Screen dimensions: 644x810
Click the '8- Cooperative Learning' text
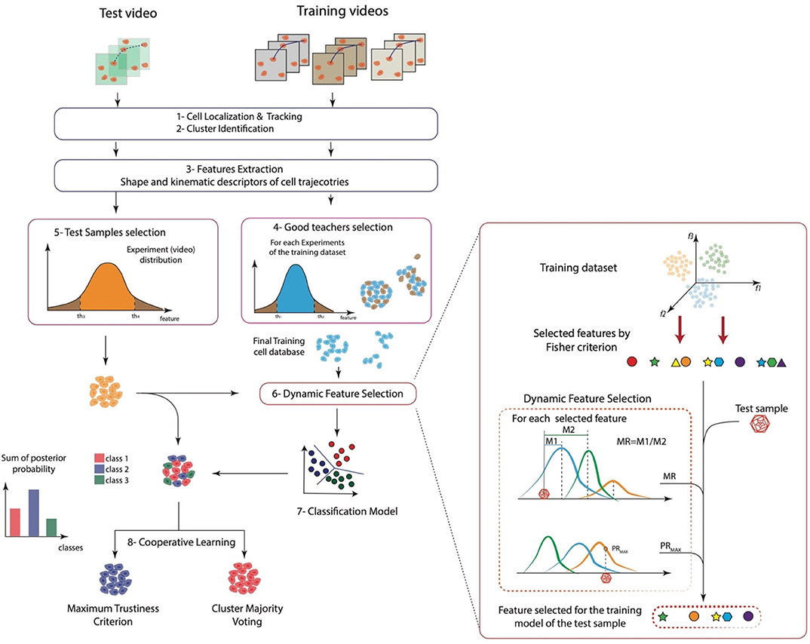[x=179, y=541]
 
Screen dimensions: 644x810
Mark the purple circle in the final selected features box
[x=748, y=616]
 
